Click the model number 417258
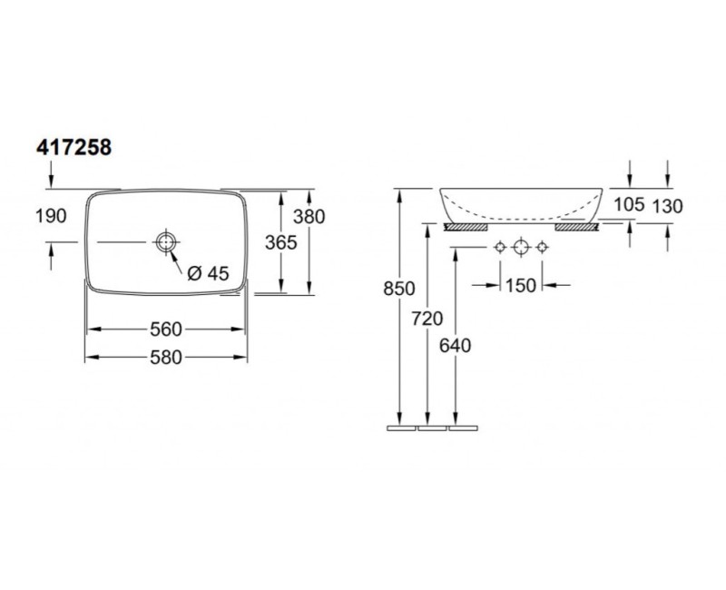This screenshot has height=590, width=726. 74,147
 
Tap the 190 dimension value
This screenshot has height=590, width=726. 51,216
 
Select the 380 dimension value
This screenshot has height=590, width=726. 309,216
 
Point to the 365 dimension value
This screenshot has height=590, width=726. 281,242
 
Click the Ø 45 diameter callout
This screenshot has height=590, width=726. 209,273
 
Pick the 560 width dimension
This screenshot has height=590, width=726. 166,329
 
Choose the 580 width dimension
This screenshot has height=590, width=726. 166,357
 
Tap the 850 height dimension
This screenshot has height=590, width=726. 399,289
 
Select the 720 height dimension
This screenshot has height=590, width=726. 427,319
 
